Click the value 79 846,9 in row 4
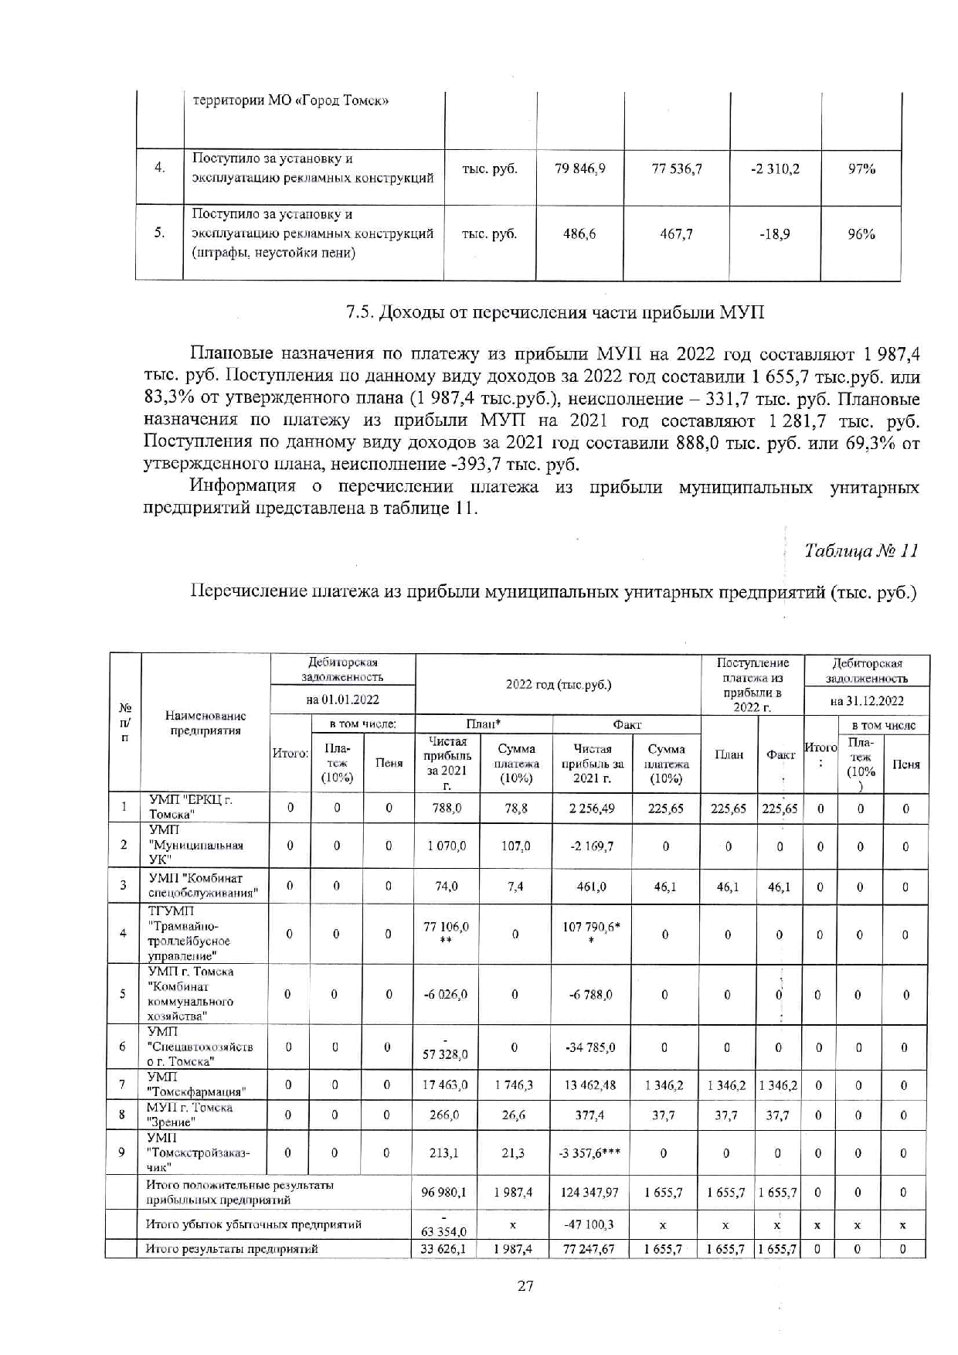(x=579, y=169)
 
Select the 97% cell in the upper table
(x=861, y=169)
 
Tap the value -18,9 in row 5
(x=774, y=233)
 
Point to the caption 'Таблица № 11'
(x=861, y=550)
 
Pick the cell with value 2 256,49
(x=592, y=809)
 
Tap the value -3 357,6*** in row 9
(x=592, y=1153)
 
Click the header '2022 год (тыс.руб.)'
(x=558, y=684)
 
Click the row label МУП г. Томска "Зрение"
(x=190, y=1115)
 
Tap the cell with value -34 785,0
(x=591, y=1048)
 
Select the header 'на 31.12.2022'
(x=866, y=701)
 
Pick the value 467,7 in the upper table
(x=676, y=233)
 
